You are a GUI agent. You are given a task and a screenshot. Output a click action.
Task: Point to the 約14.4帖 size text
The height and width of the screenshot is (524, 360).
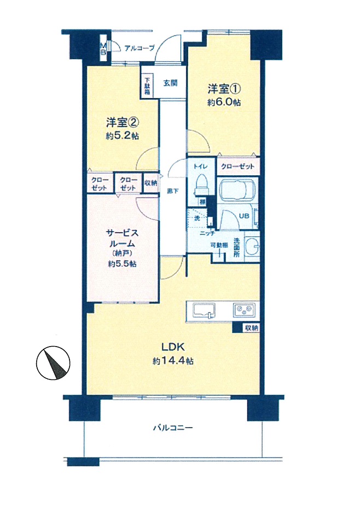click(x=173, y=361)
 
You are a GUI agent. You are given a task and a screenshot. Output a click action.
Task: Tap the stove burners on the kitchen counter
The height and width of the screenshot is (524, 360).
click(x=243, y=310)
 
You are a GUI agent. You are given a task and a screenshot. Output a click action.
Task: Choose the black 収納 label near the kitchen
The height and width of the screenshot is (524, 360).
click(x=251, y=328)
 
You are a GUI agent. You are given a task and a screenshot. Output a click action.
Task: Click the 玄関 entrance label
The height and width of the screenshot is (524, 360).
click(x=170, y=84)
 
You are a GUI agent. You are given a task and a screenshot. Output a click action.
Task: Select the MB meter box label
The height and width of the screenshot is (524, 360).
click(x=102, y=49)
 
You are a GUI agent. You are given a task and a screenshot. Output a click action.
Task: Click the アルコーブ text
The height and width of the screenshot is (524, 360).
click(x=140, y=48)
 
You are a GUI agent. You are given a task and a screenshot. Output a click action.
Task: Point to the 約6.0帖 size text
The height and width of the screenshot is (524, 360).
click(x=224, y=102)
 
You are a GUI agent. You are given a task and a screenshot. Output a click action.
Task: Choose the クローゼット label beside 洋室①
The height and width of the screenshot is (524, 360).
click(x=237, y=165)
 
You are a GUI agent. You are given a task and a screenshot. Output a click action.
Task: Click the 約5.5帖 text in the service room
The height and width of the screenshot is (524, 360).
click(x=122, y=264)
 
